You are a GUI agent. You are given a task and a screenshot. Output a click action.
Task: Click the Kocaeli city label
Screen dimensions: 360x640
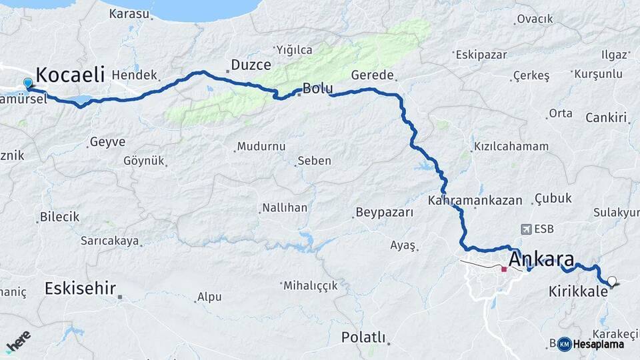coord(70,73)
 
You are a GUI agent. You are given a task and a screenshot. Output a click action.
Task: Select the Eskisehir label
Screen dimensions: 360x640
coord(80,289)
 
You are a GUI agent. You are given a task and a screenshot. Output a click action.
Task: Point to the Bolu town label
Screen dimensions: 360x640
coord(317,88)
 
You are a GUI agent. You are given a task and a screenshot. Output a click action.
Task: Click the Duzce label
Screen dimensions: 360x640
coord(251,65)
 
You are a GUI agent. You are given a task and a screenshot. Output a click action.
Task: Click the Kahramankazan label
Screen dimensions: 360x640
coord(473,200)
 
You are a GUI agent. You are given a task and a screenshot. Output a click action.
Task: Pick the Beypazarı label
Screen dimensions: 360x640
coord(385,213)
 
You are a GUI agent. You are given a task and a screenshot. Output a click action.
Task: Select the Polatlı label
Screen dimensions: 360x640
coord(363,337)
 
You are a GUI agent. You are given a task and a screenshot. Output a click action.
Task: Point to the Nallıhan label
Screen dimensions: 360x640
coord(285,207)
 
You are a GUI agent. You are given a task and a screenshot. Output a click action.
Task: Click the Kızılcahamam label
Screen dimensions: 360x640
coord(511,146)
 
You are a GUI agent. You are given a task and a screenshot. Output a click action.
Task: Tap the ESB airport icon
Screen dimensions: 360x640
coord(527,229)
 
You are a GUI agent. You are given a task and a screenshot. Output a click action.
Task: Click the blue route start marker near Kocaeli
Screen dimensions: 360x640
coord(28,84)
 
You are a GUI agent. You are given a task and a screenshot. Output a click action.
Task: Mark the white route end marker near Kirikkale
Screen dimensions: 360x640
coord(611,281)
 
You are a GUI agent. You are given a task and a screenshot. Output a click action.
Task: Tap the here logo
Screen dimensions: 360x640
coord(19,341)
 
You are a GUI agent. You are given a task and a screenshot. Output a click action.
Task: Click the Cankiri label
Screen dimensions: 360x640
coord(607,118)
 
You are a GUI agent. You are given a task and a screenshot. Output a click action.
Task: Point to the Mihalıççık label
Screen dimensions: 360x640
coord(311,285)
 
